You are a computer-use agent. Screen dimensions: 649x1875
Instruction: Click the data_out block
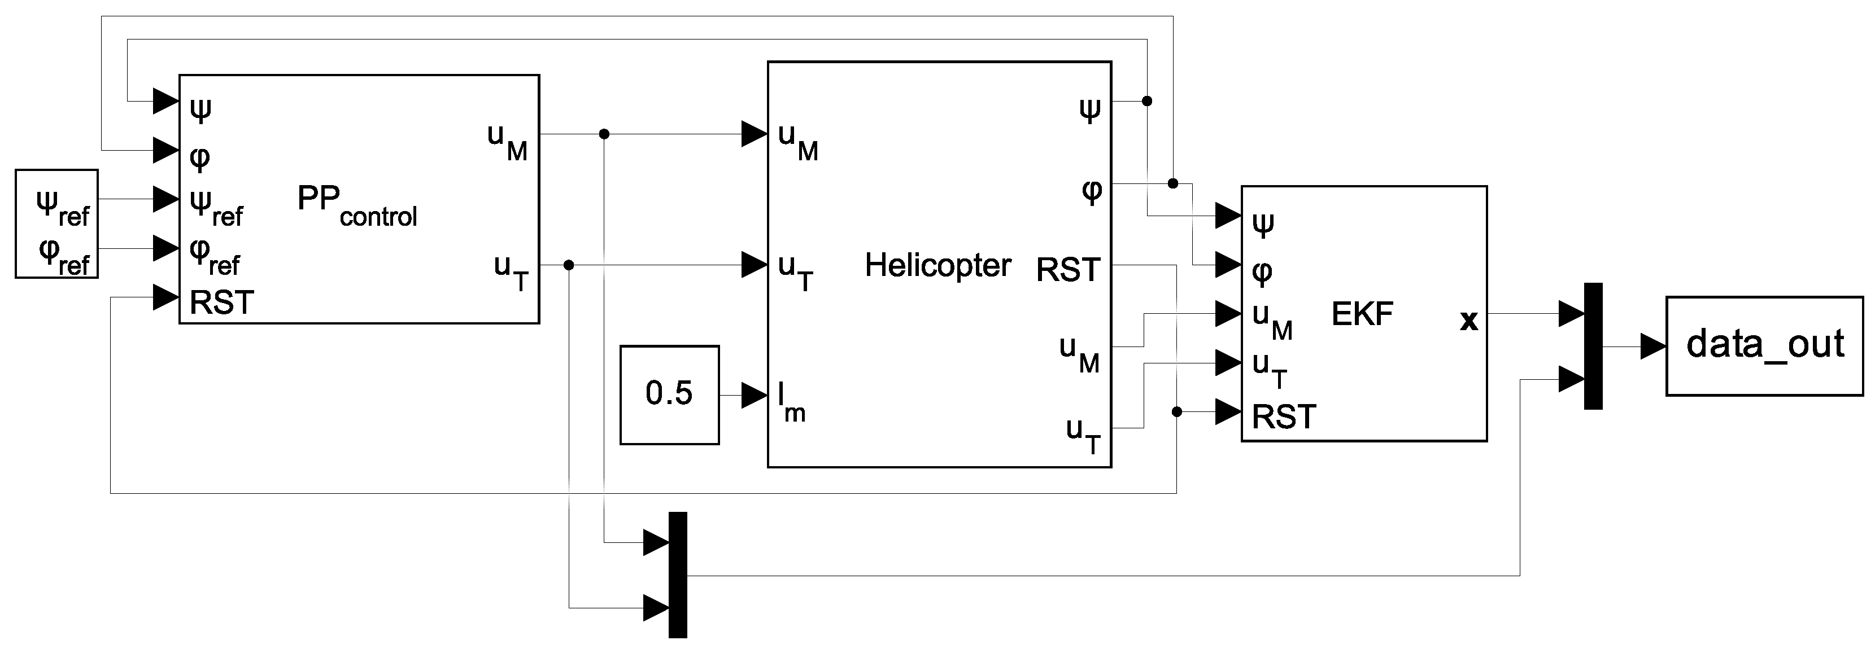click(1764, 345)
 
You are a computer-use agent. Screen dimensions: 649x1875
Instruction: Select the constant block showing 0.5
click(669, 394)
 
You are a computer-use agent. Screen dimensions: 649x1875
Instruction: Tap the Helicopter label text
click(937, 266)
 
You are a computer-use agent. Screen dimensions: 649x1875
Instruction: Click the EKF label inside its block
click(1361, 314)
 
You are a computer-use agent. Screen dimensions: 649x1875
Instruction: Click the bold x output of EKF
click(1468, 320)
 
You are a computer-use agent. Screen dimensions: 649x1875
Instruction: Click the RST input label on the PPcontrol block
click(221, 302)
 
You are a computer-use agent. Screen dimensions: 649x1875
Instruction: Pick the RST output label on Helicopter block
click(1068, 270)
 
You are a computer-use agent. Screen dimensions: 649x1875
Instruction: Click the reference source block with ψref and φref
click(57, 224)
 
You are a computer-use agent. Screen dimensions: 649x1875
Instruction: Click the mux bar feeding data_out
click(1593, 347)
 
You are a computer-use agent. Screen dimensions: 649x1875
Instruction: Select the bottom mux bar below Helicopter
click(677, 575)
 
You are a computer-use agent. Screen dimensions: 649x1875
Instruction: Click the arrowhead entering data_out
click(1652, 347)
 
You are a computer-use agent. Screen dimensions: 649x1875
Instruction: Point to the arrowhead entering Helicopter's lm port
click(754, 395)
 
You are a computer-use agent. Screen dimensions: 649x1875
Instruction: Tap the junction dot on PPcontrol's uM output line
click(603, 134)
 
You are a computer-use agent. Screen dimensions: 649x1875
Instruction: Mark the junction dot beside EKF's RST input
click(1176, 412)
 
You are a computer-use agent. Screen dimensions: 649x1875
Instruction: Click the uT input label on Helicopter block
click(795, 271)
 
